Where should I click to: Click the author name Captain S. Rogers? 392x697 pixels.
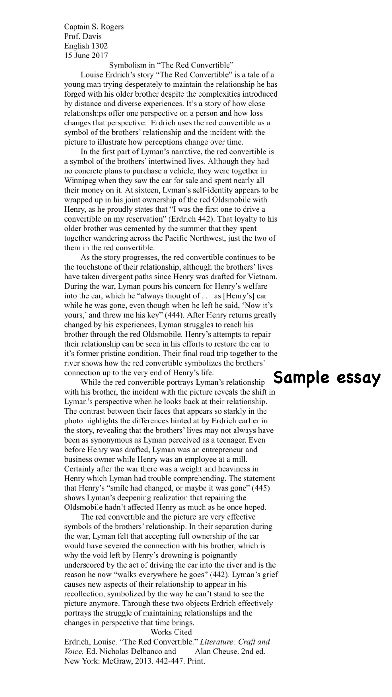[94, 27]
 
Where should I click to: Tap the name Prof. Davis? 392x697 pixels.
[83, 36]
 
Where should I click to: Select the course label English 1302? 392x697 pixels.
[86, 46]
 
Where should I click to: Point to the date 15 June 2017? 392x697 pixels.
[86, 56]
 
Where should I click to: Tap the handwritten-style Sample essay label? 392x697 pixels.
[327, 378]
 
